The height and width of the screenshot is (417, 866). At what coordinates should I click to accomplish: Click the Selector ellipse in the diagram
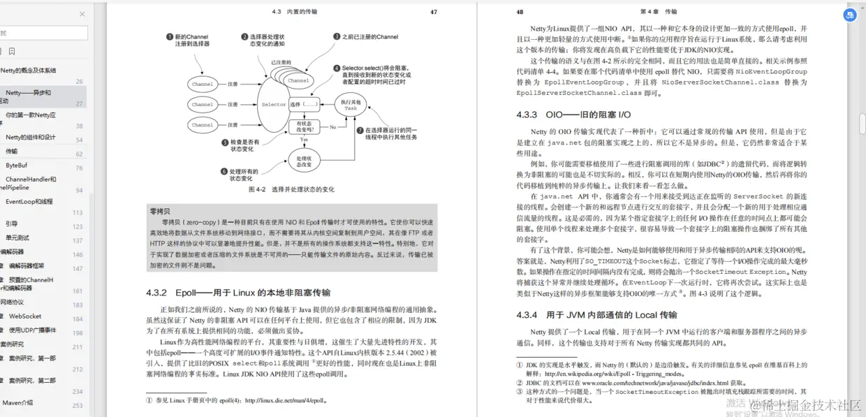274,105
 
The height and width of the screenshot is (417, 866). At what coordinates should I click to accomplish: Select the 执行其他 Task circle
350,105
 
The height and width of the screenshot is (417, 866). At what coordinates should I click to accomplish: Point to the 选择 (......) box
304,105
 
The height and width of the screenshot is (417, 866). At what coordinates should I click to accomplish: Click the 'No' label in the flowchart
333,127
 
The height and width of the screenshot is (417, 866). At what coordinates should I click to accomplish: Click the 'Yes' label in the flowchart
304,140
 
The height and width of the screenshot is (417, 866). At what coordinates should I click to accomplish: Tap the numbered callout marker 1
169,36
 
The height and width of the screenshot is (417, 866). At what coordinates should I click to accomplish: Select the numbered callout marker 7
360,130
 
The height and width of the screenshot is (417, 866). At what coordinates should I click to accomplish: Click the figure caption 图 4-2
291,189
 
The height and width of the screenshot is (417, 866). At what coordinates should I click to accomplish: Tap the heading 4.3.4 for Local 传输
596,315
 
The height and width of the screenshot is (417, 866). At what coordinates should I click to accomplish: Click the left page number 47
433,12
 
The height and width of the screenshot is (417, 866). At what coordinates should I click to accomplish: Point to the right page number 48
519,12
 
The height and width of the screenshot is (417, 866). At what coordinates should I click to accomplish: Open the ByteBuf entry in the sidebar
17,166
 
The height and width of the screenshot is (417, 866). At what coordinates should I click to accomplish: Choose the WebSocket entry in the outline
25,316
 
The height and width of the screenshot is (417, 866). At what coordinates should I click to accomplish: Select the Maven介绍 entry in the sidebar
17,402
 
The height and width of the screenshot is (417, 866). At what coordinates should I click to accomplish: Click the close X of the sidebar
82,13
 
